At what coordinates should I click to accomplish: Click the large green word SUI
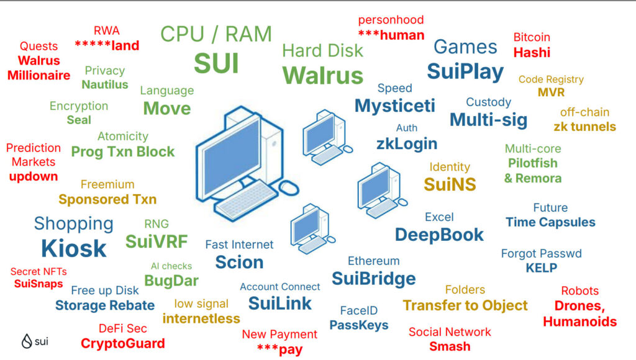click(216, 63)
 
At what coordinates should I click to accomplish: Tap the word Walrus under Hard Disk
click(322, 76)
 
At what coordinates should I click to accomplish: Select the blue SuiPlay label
click(465, 71)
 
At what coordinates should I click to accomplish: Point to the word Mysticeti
click(395, 106)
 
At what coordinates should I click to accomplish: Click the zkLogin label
click(407, 144)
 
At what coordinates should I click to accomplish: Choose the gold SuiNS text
click(450, 184)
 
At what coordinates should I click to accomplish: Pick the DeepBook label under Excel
click(439, 235)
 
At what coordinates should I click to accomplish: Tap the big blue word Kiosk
click(74, 248)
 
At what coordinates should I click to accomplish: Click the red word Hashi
click(532, 53)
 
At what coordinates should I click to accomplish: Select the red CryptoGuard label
click(123, 343)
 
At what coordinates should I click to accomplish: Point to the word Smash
click(450, 346)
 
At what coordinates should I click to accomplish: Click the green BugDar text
click(171, 281)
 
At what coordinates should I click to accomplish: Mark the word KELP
click(542, 268)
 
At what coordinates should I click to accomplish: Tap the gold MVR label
click(551, 92)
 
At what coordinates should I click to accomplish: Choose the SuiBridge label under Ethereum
click(373, 278)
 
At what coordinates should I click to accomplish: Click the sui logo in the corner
click(35, 341)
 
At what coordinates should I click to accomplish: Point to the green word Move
click(167, 109)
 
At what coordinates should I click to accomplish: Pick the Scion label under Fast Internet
click(239, 262)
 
